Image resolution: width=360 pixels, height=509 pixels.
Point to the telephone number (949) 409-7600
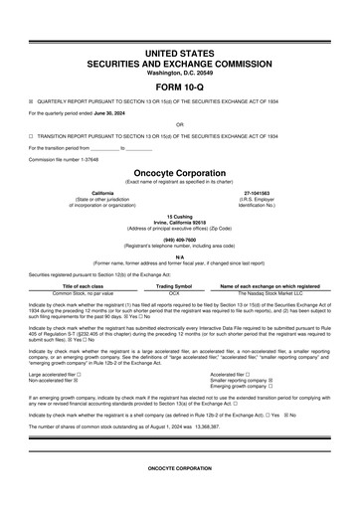(179, 238)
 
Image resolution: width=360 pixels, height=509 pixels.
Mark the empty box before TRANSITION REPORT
(31, 135)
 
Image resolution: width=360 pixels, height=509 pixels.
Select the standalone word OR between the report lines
(179, 124)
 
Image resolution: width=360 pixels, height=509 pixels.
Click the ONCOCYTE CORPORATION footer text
(179, 467)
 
